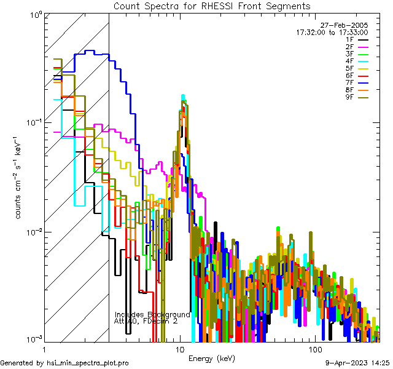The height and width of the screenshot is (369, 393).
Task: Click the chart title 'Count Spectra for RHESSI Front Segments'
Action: pos(212,6)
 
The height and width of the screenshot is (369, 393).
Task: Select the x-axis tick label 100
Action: pos(314,349)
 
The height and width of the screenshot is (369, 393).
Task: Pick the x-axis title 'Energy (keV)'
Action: pos(211,358)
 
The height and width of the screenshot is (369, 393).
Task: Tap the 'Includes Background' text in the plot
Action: pos(152,314)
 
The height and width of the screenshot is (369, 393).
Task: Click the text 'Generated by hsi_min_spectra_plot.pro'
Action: pos(64,363)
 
